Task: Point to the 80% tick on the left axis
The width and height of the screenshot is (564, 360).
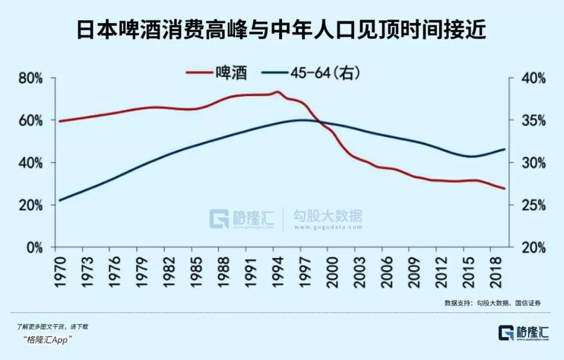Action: click(31, 78)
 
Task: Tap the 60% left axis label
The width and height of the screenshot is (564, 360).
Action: click(31, 121)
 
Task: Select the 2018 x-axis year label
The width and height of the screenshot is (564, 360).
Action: click(496, 271)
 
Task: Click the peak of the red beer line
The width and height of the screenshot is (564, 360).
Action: click(277, 92)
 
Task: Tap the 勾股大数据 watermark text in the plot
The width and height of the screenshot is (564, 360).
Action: click(328, 217)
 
